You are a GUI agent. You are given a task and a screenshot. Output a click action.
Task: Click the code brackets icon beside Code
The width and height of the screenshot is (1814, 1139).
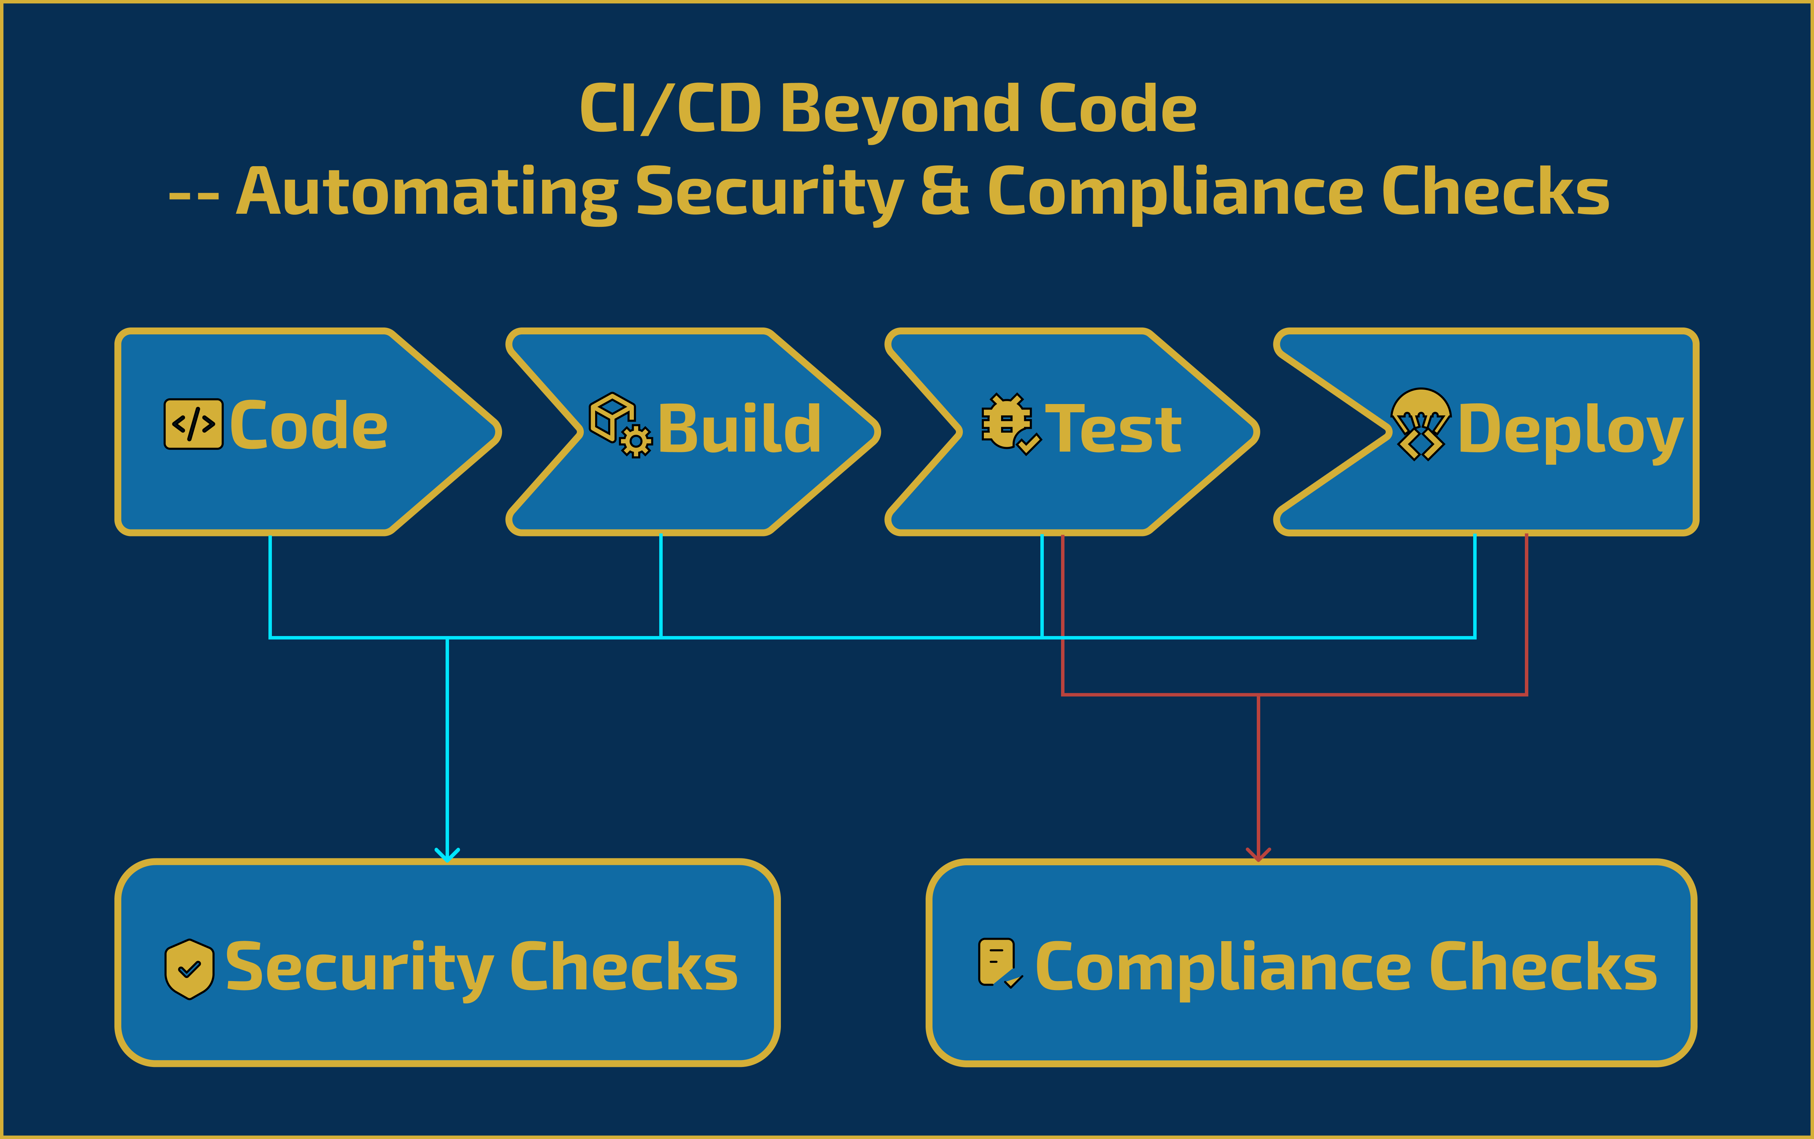click(194, 424)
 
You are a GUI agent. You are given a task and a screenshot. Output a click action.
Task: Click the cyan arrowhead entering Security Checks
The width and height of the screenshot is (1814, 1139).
click(447, 855)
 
